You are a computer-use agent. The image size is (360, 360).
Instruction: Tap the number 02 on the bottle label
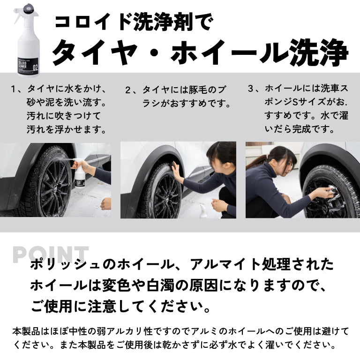34,67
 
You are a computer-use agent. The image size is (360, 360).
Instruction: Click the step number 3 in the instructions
251,88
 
